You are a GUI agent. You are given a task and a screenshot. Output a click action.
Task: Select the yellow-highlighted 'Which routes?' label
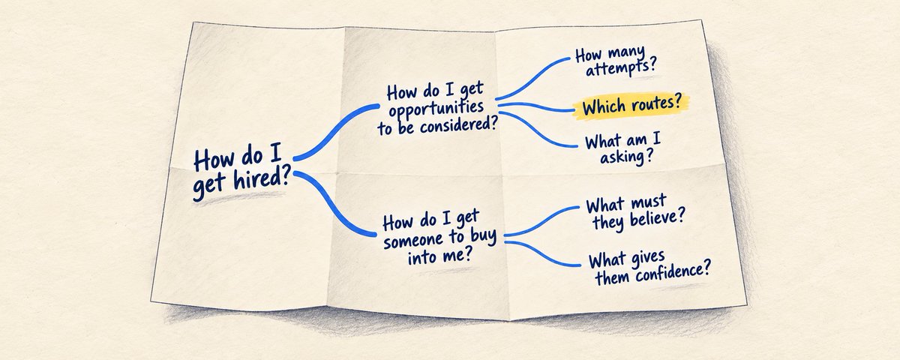click(x=632, y=105)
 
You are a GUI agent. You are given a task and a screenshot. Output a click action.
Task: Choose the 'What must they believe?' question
click(x=635, y=213)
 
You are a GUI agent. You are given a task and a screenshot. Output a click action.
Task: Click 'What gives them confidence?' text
click(x=649, y=268)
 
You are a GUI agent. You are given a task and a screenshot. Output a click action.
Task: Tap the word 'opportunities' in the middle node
click(x=436, y=109)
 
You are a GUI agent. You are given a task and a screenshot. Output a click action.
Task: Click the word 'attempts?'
click(x=621, y=69)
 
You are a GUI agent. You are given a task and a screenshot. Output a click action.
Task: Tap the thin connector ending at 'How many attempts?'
click(x=531, y=76)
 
